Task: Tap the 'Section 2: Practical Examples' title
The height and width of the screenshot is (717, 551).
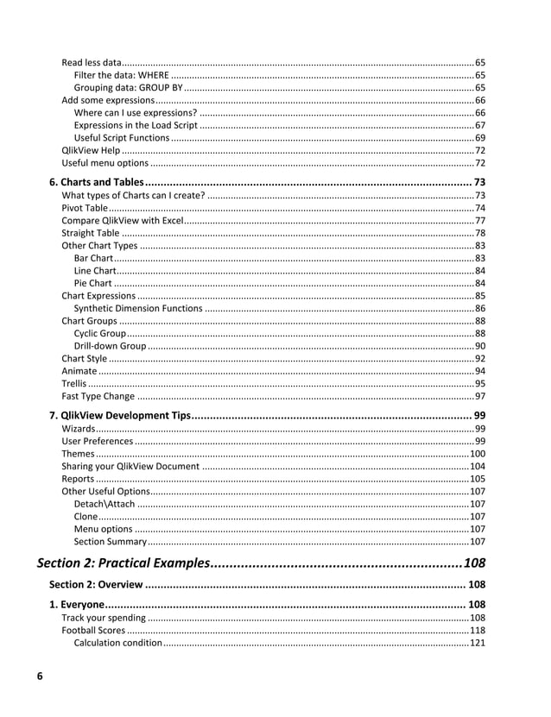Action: coord(123,563)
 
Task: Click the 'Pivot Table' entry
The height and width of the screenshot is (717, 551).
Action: coord(85,208)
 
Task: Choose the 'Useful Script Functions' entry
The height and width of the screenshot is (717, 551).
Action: coord(122,138)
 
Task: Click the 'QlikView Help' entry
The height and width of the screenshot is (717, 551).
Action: coord(91,151)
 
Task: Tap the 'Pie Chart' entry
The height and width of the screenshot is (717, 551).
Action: coord(92,283)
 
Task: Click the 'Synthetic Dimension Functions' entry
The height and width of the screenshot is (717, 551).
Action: coord(138,308)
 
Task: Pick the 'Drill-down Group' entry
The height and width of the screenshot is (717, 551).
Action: coord(110,346)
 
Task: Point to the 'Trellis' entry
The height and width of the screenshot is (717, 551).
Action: coord(73,384)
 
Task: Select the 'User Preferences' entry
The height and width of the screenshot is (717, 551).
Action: coord(97,441)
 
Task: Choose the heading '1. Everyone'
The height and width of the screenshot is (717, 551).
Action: coord(77,605)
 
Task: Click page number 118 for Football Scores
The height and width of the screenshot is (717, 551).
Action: coord(477,631)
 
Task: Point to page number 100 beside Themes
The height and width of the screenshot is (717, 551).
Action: coord(477,454)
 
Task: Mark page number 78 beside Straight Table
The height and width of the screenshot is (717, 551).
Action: coord(479,233)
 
